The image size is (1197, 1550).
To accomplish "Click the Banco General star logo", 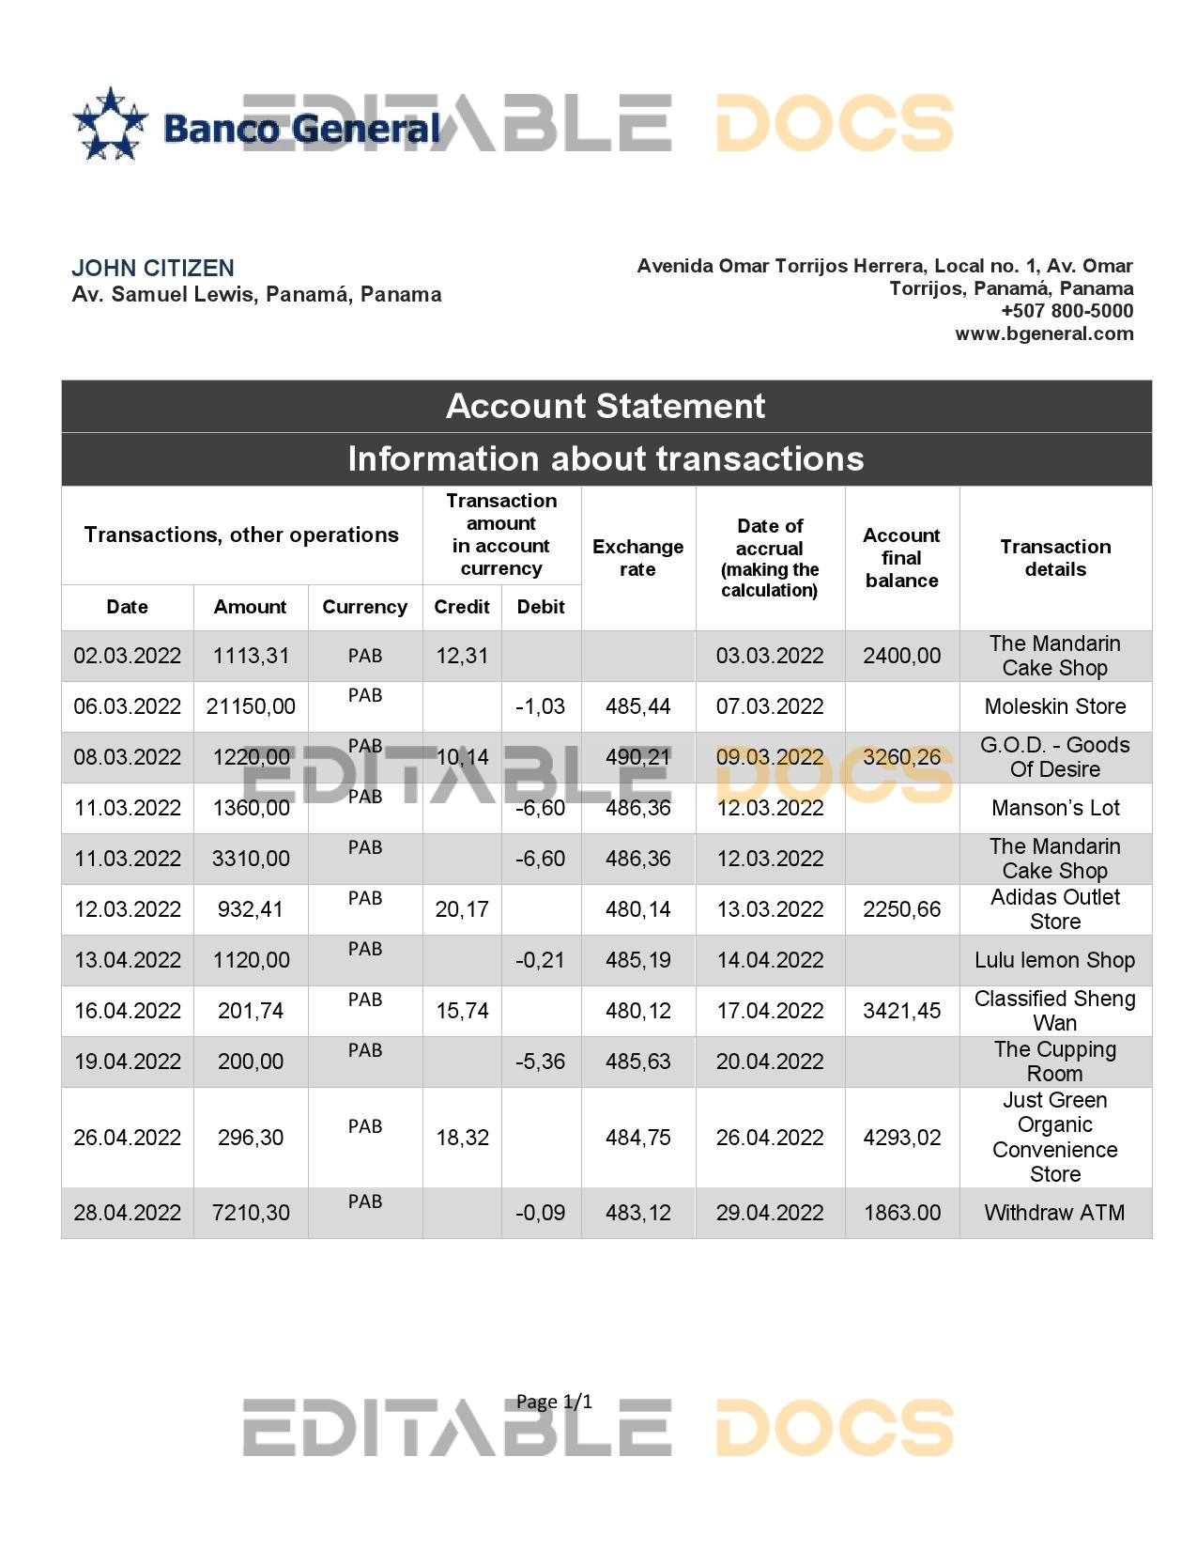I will (x=111, y=123).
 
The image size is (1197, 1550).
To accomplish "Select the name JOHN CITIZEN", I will (x=153, y=268).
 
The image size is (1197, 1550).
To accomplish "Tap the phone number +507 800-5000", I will (x=1067, y=311).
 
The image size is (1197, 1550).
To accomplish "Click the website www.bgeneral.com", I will (x=1044, y=333).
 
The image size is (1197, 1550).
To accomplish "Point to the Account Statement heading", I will (x=606, y=406).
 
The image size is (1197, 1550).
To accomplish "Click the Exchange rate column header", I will (x=637, y=558).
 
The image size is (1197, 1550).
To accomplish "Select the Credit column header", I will (x=462, y=607).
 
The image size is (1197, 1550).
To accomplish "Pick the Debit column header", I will (x=541, y=607).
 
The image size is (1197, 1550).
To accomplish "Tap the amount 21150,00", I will (x=251, y=706).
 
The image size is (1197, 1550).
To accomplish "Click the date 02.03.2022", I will (x=128, y=656).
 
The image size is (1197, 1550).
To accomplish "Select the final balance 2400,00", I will (x=901, y=656).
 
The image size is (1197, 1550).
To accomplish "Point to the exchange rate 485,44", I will (x=637, y=706).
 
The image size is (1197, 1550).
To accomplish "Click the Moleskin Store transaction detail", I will (x=1055, y=706).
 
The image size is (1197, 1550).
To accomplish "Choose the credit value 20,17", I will (x=462, y=909).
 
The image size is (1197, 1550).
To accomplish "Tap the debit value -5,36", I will (x=541, y=1062).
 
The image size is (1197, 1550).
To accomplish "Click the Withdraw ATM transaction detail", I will (x=1055, y=1213).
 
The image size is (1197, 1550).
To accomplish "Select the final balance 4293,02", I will (x=901, y=1138).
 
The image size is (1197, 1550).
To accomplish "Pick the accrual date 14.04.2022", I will (x=770, y=960).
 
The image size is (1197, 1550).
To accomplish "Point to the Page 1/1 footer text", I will (x=554, y=1403).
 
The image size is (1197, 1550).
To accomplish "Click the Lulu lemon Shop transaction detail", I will (x=1055, y=960).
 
